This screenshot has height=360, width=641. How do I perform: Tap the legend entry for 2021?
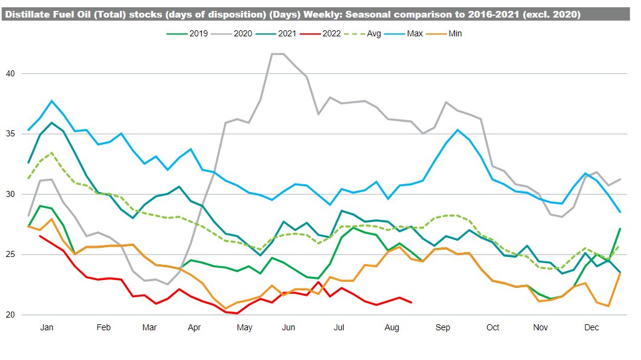[x=287, y=33]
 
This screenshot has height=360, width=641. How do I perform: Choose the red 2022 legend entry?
[x=332, y=33]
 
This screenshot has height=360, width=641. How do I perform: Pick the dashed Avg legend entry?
[x=373, y=33]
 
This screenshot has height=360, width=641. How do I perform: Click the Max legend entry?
[x=414, y=33]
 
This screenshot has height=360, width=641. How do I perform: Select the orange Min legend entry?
[x=455, y=33]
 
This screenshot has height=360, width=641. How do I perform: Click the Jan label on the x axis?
[x=47, y=328]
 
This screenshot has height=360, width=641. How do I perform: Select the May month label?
[x=245, y=328]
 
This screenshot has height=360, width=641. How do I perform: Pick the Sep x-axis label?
[x=443, y=328]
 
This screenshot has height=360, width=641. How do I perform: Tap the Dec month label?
[x=591, y=328]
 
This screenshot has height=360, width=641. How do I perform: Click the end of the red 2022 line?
[x=411, y=302]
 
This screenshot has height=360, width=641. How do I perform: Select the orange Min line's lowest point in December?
[x=608, y=306]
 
